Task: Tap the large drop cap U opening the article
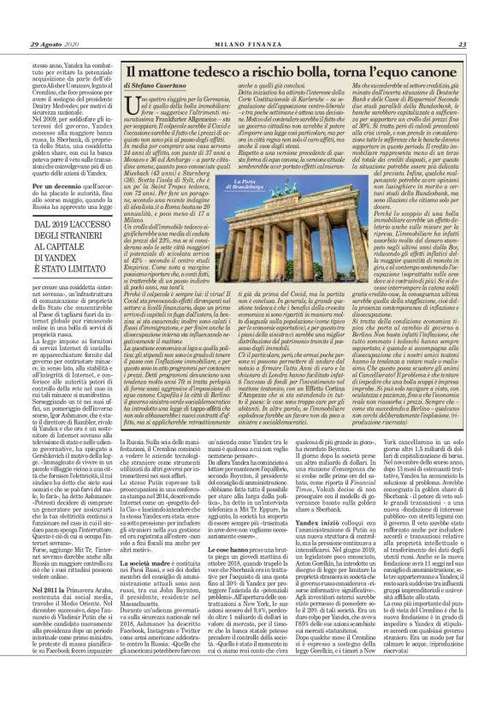131,106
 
